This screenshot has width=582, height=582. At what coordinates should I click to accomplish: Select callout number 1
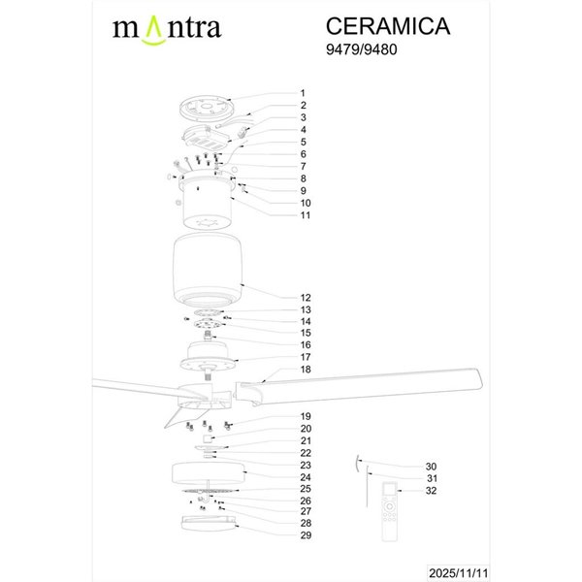(x=303, y=93)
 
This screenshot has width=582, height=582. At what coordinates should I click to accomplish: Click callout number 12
(x=305, y=298)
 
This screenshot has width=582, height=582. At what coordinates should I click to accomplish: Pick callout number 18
(x=305, y=371)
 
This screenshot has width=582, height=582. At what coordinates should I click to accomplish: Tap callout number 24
(x=305, y=477)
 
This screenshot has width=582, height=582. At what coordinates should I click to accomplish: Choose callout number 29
(x=305, y=535)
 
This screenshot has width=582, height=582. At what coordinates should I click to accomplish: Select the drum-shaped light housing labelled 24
(x=209, y=474)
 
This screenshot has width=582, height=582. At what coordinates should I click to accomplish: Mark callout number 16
(x=305, y=344)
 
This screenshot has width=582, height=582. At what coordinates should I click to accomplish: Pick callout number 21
(x=305, y=440)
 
